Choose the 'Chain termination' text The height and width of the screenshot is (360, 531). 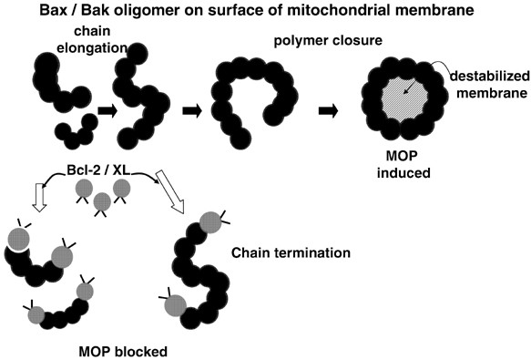[x=280, y=252]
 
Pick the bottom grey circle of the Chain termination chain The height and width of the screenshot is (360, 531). [x=174, y=304]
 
